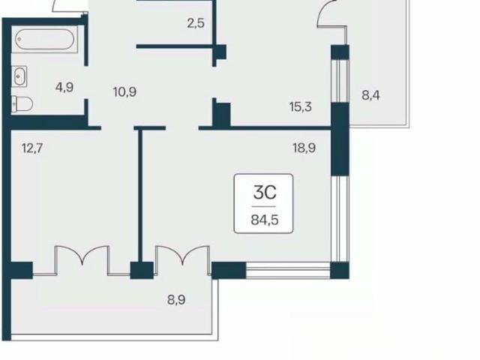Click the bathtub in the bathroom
[x=45, y=39]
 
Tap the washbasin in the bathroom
[x=19, y=76]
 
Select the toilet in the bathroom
[x=22, y=104]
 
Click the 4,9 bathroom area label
[x=64, y=88]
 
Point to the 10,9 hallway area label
[x=125, y=91]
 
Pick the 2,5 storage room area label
[x=196, y=23]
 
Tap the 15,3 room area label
[x=301, y=106]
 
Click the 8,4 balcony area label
[x=370, y=95]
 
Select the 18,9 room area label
[x=304, y=148]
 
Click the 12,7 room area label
[x=32, y=148]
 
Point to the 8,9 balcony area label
[x=176, y=300]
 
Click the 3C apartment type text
[x=265, y=193]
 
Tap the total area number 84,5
[x=265, y=220]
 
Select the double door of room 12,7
[x=82, y=260]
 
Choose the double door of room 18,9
[x=183, y=260]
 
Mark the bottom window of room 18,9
[x=288, y=270]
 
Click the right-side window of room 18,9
[x=340, y=219]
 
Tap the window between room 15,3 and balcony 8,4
[x=340, y=81]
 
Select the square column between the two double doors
[x=142, y=270]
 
